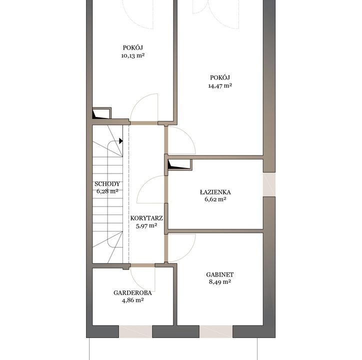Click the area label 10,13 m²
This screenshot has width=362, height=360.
[x=133, y=55]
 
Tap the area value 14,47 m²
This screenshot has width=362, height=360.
[x=220, y=86]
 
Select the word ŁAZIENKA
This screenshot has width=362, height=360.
[x=215, y=192]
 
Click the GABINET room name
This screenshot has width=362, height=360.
[x=220, y=274]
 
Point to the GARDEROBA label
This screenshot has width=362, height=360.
[x=132, y=293]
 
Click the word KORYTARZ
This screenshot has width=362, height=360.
[x=146, y=218]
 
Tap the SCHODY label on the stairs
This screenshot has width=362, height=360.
[x=107, y=184]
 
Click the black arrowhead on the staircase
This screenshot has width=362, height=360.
[x=120, y=141]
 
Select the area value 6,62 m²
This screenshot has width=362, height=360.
[x=215, y=199]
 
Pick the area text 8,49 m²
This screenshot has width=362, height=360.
[x=220, y=282]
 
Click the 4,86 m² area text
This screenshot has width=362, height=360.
[x=132, y=300]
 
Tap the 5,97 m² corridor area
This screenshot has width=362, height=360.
[x=146, y=225]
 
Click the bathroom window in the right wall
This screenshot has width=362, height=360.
[x=269, y=184]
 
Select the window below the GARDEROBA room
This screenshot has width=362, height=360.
[x=135, y=331]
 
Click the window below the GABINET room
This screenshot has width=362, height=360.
[x=216, y=331]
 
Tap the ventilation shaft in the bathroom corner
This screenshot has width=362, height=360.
[x=179, y=164]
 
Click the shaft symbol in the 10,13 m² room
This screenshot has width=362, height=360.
[x=102, y=113]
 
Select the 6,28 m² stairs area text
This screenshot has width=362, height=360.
[x=107, y=191]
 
